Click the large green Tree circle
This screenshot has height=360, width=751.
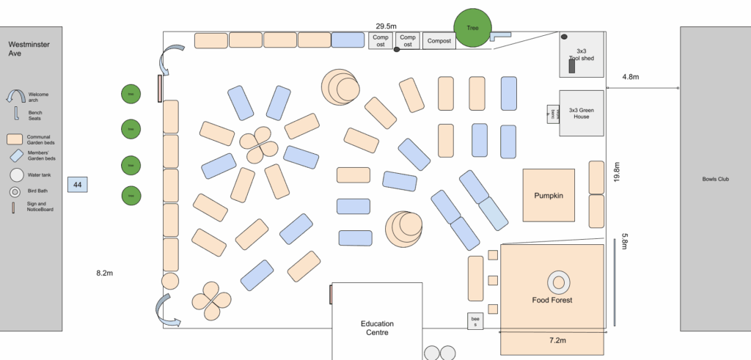(x=472, y=29)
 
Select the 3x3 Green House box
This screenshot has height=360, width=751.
(x=582, y=113)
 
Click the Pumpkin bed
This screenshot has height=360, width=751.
(x=549, y=195)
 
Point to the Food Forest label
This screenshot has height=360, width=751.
(x=552, y=300)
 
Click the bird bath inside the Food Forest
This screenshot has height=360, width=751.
(x=558, y=282)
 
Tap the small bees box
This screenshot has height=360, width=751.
(x=474, y=321)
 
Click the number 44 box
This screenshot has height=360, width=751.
(x=78, y=185)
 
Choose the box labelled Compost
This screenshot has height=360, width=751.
(x=439, y=41)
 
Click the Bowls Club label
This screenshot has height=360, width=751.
(x=715, y=179)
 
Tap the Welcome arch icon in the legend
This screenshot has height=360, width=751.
(x=15, y=96)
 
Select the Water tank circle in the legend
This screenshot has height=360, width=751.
(x=15, y=175)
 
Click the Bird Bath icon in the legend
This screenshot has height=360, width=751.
(x=15, y=192)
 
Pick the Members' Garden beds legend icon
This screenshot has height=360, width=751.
(x=15, y=155)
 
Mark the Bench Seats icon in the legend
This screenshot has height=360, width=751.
(x=15, y=114)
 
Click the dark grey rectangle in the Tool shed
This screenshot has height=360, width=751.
(x=572, y=67)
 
